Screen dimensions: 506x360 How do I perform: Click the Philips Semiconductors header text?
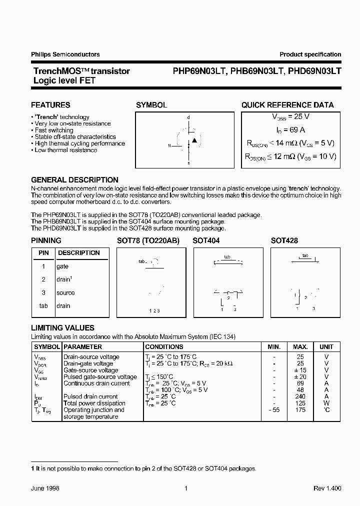pyautogui.click(x=65, y=54)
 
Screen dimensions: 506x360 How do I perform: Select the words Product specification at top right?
pyautogui.click(x=310, y=54)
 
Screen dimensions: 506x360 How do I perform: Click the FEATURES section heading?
pyautogui.click(x=50, y=105)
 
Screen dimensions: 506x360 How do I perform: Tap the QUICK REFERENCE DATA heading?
pyautogui.click(x=287, y=105)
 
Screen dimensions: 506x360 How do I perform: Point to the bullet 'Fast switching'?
pyautogui.click(x=54, y=130)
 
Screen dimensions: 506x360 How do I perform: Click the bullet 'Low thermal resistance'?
pyautogui.click(x=65, y=150)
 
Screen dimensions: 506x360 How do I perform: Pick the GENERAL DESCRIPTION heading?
pyautogui.click(x=74, y=180)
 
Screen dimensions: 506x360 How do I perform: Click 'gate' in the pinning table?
pyautogui.click(x=62, y=266)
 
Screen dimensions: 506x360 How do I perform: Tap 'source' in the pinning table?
pyautogui.click(x=65, y=292)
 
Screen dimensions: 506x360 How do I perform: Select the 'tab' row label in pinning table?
pyautogui.click(x=43, y=305)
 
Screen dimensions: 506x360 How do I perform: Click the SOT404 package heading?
pyautogui.click(x=206, y=240)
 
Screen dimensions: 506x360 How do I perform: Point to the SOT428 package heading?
pyautogui.click(x=284, y=240)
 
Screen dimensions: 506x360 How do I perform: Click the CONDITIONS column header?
pyautogui.click(x=164, y=346)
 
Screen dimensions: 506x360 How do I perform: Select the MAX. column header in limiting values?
pyautogui.click(x=300, y=346)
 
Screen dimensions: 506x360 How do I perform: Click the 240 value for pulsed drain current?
pyautogui.click(x=300, y=396)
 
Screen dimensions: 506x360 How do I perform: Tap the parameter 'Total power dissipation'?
pyautogui.click(x=94, y=403)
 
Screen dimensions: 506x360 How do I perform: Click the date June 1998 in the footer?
pyautogui.click(x=45, y=488)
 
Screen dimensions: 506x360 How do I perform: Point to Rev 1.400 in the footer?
pyautogui.click(x=327, y=488)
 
